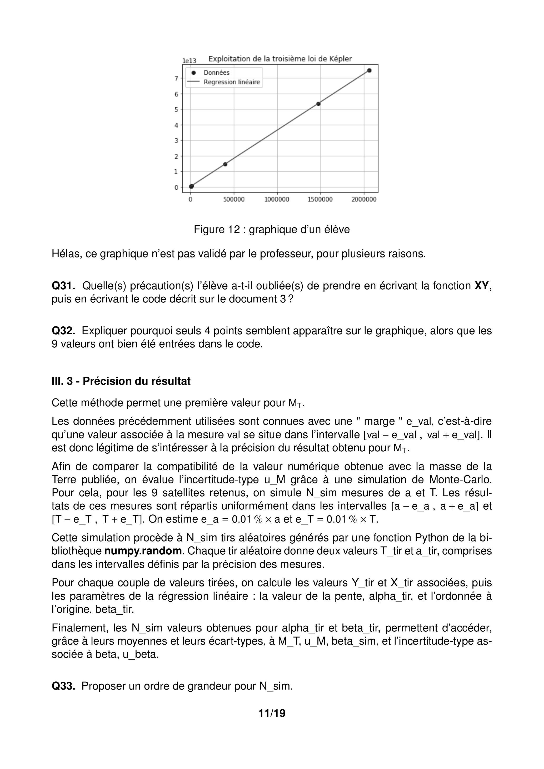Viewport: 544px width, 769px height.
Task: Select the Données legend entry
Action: [216, 73]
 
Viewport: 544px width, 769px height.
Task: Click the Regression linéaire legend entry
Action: [232, 82]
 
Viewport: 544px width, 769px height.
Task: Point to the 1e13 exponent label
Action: [189, 61]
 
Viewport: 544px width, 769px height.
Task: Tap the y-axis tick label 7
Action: [176, 78]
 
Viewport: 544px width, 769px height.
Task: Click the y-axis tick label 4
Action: [176, 125]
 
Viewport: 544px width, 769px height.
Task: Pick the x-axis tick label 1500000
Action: [320, 200]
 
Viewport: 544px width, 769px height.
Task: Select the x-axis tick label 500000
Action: [234, 200]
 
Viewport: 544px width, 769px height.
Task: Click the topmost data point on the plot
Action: [369, 70]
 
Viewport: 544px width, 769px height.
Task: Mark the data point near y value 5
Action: [318, 104]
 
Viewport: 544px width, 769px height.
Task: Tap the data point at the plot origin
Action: [191, 186]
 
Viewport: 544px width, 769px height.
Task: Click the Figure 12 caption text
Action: [272, 230]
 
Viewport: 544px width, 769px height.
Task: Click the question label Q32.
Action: [63, 331]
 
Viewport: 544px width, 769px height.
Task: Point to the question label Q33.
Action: [63, 686]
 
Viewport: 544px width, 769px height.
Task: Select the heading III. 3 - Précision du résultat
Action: [121, 381]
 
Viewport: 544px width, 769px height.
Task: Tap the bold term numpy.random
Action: [143, 551]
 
